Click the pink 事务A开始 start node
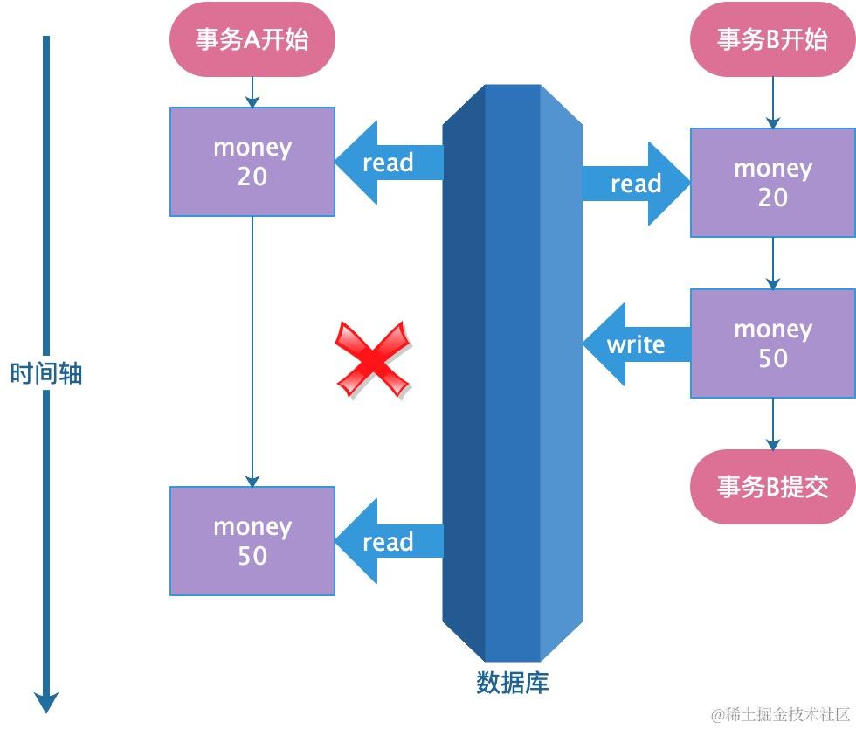point(252,39)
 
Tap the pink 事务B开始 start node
point(772,39)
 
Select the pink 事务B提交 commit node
point(772,488)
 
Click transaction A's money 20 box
point(252,162)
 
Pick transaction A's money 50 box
point(252,541)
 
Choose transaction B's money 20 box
point(772,183)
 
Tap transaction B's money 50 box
point(772,344)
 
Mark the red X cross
point(373,359)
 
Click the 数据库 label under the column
point(513,682)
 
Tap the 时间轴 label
point(46,374)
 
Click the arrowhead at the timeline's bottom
point(46,701)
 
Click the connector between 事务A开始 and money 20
point(252,92)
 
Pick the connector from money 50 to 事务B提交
point(772,425)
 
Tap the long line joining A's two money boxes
point(252,350)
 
